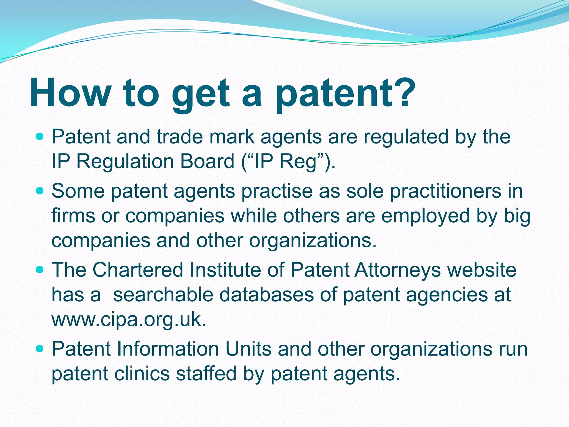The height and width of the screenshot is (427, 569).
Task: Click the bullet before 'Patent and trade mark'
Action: [40, 137]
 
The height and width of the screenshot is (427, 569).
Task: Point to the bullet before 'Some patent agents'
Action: [40, 191]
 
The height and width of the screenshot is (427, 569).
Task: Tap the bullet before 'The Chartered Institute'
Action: [40, 270]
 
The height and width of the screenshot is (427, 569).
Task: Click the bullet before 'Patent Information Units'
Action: [40, 349]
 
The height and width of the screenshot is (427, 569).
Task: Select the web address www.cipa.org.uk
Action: [129, 320]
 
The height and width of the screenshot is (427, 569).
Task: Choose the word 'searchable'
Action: [163, 295]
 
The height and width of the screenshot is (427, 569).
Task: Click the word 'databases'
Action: [266, 295]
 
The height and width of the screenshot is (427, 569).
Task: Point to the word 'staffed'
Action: [206, 374]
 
